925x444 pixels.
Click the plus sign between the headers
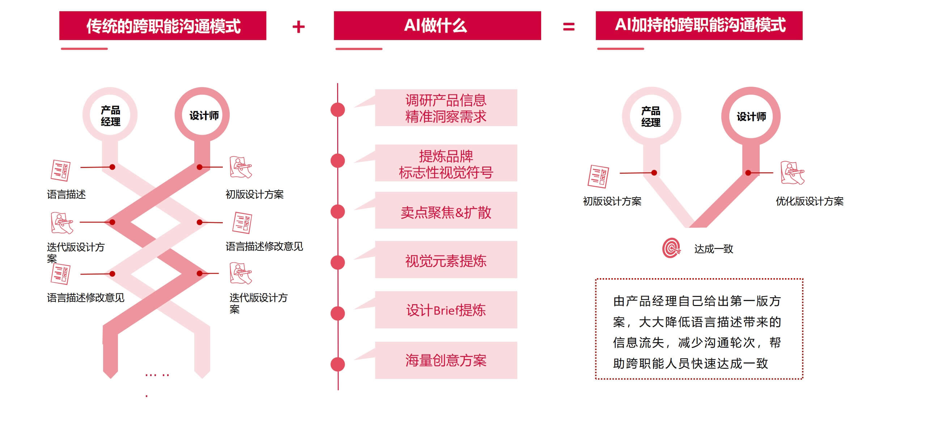(x=298, y=27)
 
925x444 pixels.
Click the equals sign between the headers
(x=569, y=26)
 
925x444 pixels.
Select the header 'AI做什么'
(x=437, y=25)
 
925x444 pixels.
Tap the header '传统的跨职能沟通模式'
(x=163, y=25)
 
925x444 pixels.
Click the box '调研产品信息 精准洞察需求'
(x=446, y=108)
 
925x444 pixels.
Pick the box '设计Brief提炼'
(x=446, y=310)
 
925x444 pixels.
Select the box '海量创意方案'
(x=446, y=360)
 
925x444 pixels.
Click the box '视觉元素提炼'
(x=446, y=260)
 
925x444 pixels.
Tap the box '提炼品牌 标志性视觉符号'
(x=446, y=163)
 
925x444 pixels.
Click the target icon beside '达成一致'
(x=671, y=248)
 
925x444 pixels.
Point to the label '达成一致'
(x=713, y=249)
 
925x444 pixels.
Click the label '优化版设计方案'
(x=810, y=201)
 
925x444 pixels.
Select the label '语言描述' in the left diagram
(x=67, y=194)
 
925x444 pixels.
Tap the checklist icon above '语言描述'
(x=60, y=170)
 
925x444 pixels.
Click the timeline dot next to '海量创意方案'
(x=338, y=364)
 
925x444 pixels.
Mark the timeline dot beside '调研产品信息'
(x=338, y=110)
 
